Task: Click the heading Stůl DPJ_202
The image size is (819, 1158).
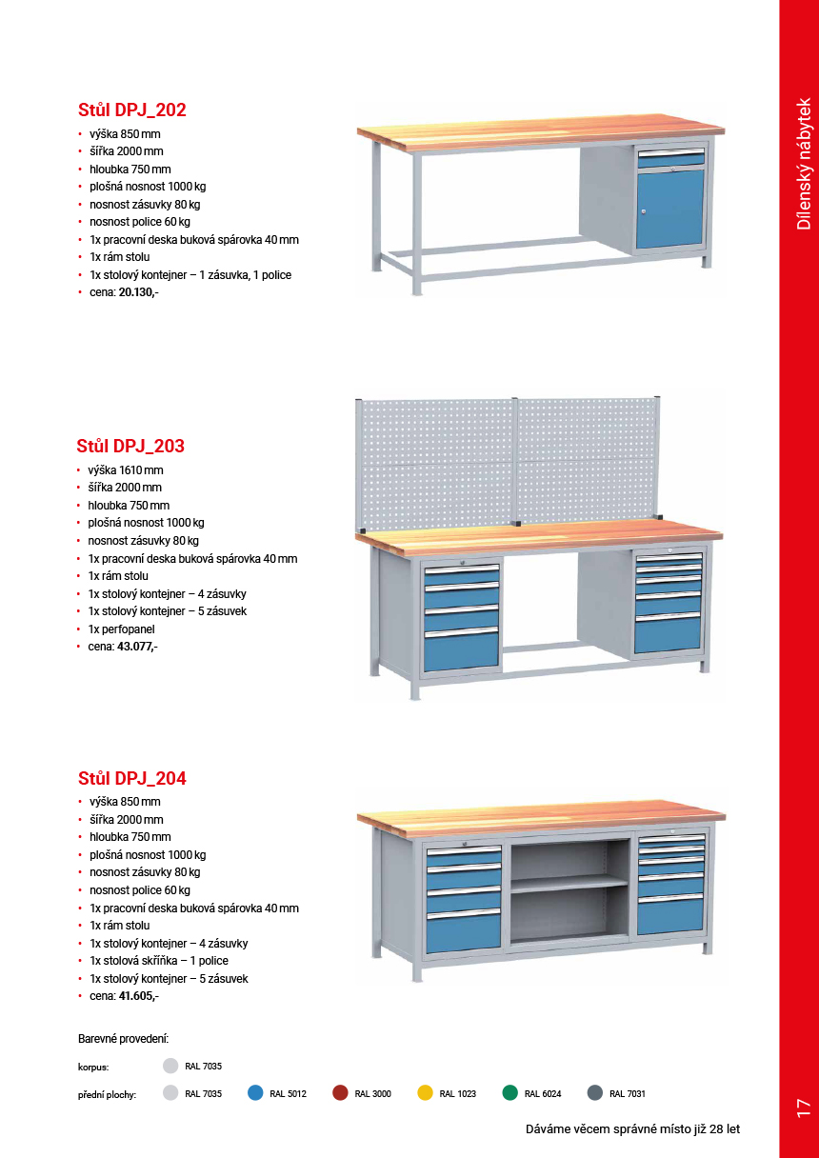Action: (x=131, y=110)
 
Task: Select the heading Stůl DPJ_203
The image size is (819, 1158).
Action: (x=130, y=447)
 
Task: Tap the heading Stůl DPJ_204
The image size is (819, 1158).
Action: (x=131, y=779)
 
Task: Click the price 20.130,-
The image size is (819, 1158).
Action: (x=138, y=292)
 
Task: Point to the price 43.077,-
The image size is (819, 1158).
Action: (x=137, y=647)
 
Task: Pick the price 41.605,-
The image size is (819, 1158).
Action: (x=138, y=996)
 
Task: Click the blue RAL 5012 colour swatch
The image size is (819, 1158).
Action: (x=255, y=1093)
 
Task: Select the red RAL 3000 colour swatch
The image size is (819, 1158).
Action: (x=340, y=1093)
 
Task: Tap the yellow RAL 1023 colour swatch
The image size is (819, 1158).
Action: (x=425, y=1093)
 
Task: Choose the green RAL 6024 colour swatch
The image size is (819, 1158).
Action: (x=510, y=1093)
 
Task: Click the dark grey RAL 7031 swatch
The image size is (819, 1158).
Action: (x=595, y=1093)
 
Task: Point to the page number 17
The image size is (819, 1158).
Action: (x=803, y=1107)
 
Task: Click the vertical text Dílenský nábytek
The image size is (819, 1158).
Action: (x=804, y=163)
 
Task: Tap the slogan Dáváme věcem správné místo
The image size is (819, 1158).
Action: (x=632, y=1129)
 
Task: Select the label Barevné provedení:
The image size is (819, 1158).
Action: (x=123, y=1038)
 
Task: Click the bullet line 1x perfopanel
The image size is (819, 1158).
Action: (x=121, y=629)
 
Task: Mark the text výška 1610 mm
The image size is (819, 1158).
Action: (x=125, y=469)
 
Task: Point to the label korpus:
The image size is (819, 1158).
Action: (x=93, y=1068)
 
